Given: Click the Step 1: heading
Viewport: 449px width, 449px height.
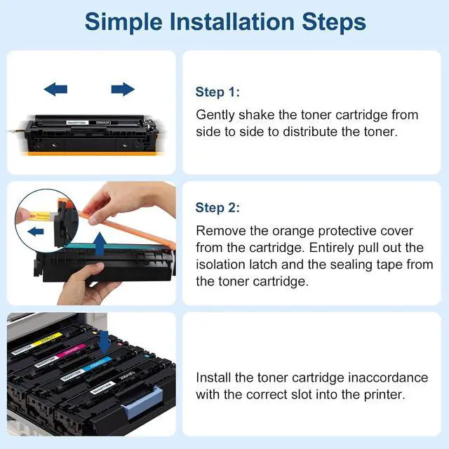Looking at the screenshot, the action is click(217, 91).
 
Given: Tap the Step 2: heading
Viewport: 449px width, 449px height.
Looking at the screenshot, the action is click(217, 208).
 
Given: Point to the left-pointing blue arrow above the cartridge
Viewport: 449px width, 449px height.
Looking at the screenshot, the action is click(55, 89).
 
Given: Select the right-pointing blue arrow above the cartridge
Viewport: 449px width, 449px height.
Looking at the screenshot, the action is click(123, 89).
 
